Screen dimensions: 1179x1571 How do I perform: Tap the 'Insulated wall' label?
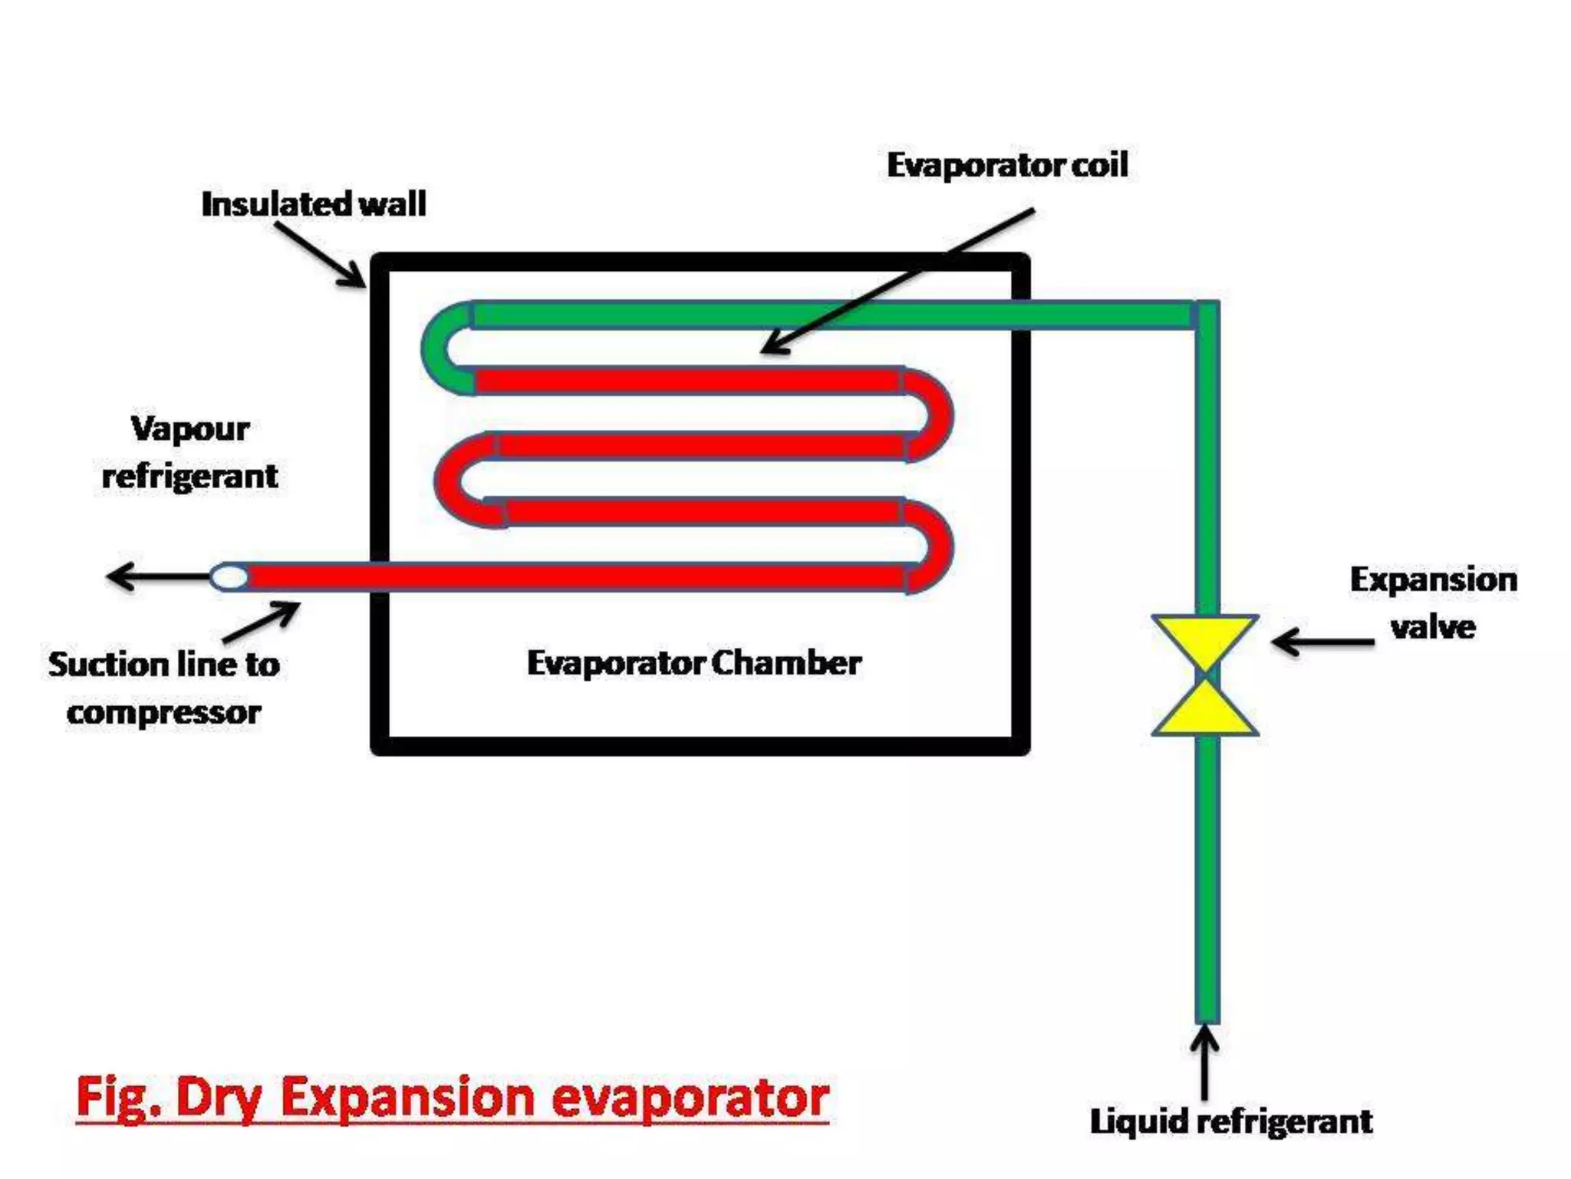click(313, 204)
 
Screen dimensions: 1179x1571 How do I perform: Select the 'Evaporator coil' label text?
click(1007, 165)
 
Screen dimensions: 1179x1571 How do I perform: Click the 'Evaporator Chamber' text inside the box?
click(693, 663)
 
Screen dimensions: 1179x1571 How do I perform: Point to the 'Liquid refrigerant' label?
click(1230, 1121)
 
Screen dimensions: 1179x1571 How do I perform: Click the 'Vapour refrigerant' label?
click(189, 453)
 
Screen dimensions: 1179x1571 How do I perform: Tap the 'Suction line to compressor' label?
click(163, 689)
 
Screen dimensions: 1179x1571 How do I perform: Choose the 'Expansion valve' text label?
click(1433, 603)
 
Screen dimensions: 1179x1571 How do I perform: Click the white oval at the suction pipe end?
click(229, 576)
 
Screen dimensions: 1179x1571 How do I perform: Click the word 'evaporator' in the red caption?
click(690, 1098)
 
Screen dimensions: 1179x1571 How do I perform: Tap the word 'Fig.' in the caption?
click(118, 1098)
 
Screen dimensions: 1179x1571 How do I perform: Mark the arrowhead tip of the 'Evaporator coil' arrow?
click(763, 352)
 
